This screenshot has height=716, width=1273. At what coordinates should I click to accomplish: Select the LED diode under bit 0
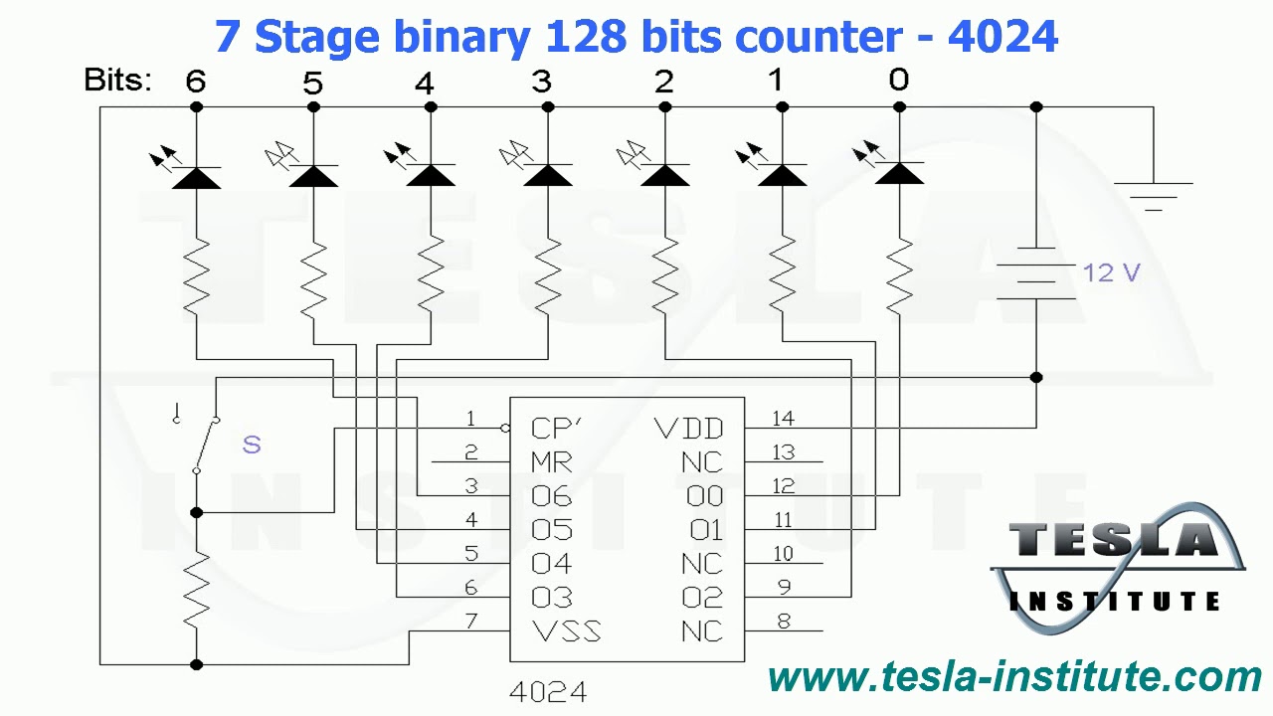(900, 175)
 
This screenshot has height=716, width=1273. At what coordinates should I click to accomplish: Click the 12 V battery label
(1111, 272)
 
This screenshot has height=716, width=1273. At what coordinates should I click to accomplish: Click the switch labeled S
(206, 444)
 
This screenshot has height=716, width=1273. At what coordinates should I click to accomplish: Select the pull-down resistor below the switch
(196, 589)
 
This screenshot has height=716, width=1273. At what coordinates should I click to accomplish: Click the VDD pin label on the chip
(688, 429)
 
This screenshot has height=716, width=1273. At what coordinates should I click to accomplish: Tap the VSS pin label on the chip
(566, 631)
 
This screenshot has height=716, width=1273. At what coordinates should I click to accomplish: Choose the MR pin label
(552, 462)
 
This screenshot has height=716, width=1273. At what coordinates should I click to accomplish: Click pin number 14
(783, 419)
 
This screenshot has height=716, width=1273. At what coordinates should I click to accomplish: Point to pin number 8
(784, 622)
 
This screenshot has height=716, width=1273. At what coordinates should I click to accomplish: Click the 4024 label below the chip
(547, 692)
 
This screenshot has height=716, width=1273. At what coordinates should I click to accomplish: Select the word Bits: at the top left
(118, 81)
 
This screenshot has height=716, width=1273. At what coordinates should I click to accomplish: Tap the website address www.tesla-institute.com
(1014, 677)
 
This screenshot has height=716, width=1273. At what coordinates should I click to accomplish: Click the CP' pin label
(556, 429)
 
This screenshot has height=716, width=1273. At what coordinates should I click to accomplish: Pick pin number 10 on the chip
(783, 554)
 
